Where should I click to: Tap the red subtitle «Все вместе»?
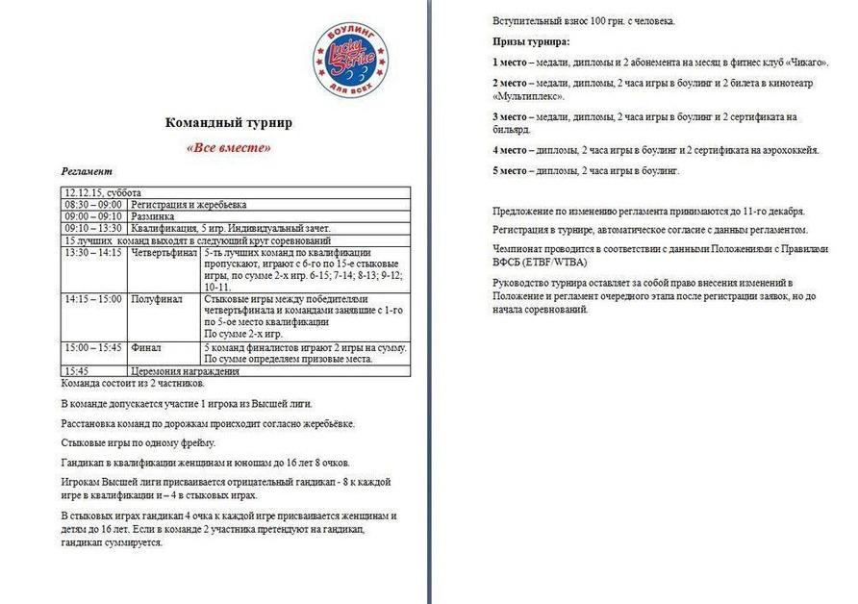(228, 148)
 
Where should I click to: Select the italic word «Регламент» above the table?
(88, 170)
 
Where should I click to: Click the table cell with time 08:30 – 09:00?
(93, 205)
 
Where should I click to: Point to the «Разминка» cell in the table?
(155, 216)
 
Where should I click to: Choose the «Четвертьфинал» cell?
(164, 252)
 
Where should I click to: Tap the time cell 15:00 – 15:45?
(93, 347)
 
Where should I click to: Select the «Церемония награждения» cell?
(184, 370)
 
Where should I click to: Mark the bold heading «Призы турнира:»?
(530, 41)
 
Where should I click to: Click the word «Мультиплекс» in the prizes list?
(527, 96)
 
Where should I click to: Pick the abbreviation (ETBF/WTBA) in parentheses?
(551, 262)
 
